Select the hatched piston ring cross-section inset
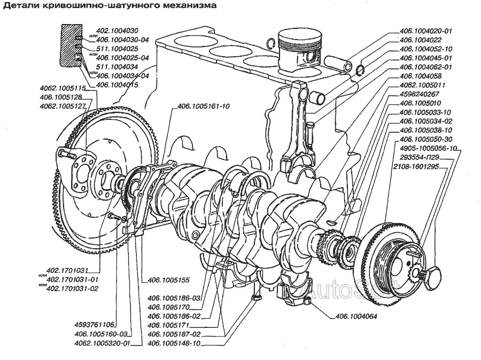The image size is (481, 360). [71, 45]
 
